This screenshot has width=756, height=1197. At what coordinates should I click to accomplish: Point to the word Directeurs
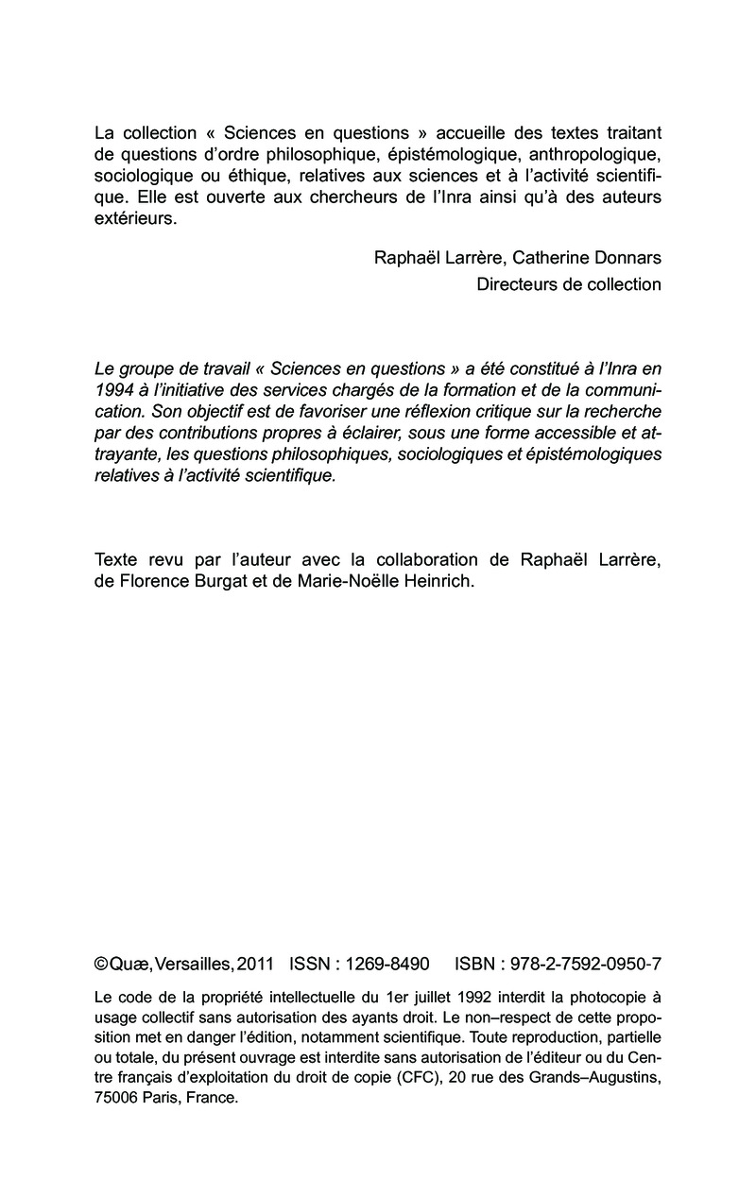[x=518, y=284]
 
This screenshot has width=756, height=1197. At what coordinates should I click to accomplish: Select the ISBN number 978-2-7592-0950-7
[x=585, y=965]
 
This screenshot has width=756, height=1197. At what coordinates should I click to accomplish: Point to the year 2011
[x=255, y=965]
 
